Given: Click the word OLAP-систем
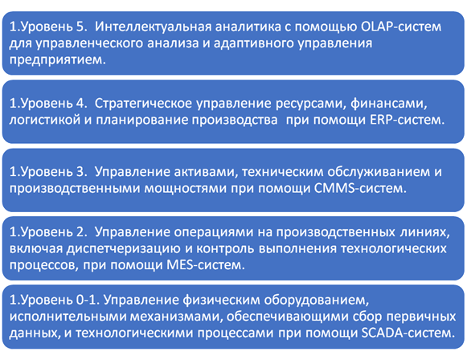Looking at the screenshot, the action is (401, 27).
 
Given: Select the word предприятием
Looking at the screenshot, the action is (58, 59).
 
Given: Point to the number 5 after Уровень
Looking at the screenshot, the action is (80, 27).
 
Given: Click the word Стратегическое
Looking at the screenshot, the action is (143, 104).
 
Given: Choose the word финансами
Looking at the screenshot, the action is (389, 104).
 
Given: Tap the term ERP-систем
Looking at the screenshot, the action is (408, 120).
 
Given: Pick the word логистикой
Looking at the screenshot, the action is (45, 120).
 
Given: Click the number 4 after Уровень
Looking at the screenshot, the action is (80, 104).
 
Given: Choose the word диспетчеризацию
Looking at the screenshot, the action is (123, 248).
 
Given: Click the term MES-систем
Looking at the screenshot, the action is (206, 265).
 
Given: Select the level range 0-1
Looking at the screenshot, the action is (88, 300).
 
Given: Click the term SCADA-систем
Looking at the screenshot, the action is (408, 333).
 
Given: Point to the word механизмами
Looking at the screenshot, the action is (177, 317).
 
